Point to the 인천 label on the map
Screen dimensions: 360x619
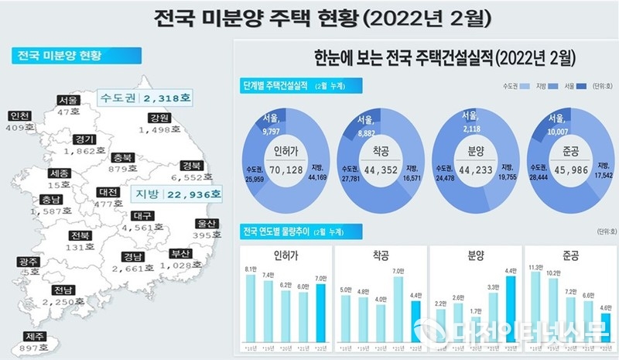(x=20, y=116)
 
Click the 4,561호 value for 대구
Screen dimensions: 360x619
(x=142, y=228)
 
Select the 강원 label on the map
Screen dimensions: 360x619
(x=159, y=118)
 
